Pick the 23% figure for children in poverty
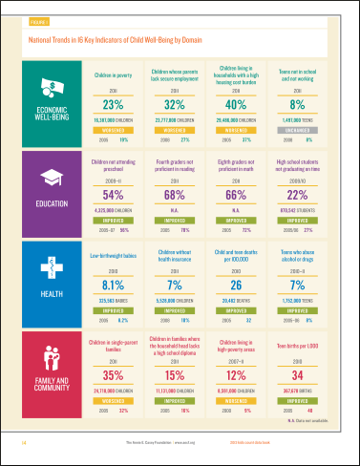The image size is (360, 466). click(x=114, y=105)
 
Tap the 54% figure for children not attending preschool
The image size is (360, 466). click(x=114, y=196)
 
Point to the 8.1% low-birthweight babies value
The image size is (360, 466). click(x=114, y=284)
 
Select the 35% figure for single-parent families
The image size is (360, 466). click(x=114, y=376)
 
